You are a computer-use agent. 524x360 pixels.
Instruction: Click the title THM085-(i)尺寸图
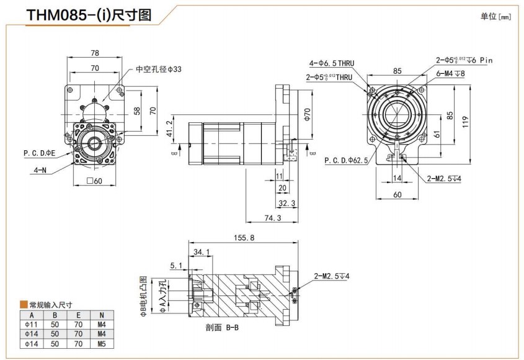[x=89, y=16]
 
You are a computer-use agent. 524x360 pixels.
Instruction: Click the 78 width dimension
[x=95, y=53]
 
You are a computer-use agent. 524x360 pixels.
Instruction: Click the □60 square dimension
[x=95, y=181]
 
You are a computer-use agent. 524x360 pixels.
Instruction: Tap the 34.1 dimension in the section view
[x=202, y=252]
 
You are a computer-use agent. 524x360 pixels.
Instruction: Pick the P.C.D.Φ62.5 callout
[x=346, y=160]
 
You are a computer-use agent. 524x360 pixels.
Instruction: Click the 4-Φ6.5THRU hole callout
[x=331, y=63]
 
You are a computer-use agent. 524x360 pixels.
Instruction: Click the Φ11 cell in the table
[x=31, y=324]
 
